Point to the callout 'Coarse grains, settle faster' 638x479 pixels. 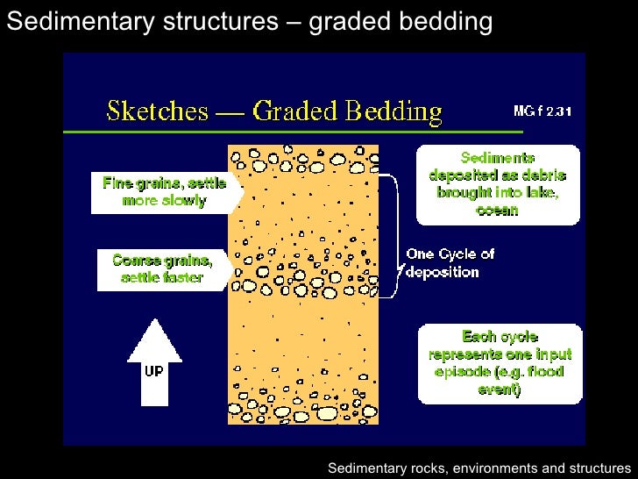(x=164, y=269)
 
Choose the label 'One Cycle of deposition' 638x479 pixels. (x=450, y=263)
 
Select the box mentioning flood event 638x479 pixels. (x=500, y=363)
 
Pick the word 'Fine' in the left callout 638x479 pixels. (x=119, y=183)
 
